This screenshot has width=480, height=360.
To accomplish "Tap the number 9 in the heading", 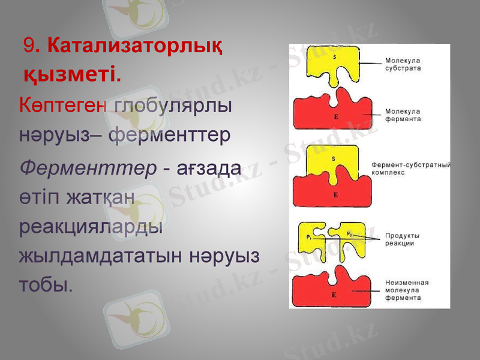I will (28, 46).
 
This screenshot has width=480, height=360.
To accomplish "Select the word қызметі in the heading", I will (71, 74).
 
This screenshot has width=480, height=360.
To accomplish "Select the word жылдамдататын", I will (101, 256).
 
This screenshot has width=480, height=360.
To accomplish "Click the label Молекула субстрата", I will (403, 64).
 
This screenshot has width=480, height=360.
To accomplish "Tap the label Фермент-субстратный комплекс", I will (411, 167).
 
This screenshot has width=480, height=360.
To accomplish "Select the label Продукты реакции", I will (402, 239).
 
